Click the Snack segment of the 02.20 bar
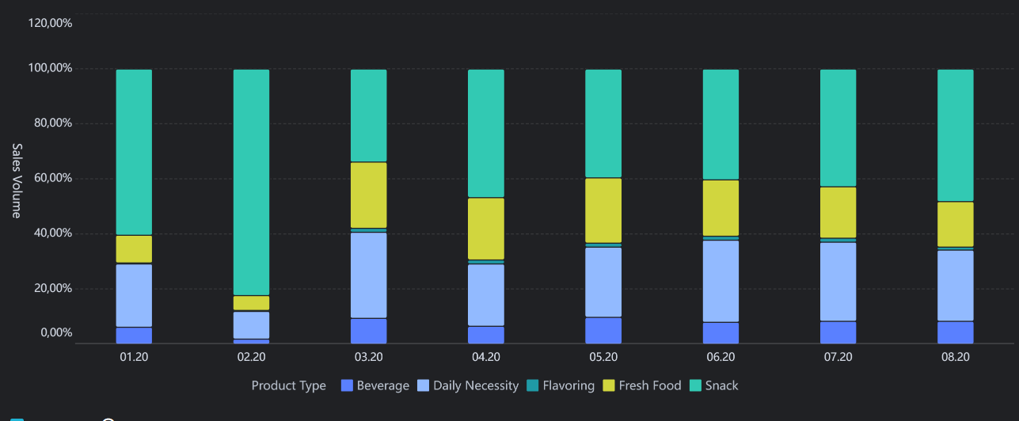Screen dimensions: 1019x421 [251, 182]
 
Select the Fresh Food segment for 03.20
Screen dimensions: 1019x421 [368, 195]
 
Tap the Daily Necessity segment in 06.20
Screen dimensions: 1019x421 [721, 281]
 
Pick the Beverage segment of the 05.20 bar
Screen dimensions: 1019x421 [603, 331]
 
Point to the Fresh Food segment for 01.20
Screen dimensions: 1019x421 [134, 248]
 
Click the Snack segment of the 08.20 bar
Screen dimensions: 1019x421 [956, 135]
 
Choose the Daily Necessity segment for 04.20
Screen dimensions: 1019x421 [486, 294]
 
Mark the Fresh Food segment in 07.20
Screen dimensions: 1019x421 [838, 212]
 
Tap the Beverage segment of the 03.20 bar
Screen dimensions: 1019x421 [368, 331]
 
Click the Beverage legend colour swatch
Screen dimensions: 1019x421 [347, 385]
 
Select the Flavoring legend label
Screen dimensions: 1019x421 [568, 385]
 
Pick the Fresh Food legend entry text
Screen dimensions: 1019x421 [650, 385]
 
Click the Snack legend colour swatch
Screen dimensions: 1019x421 [695, 385]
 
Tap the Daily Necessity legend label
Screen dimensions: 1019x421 [476, 386]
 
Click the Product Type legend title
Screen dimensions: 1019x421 [289, 386]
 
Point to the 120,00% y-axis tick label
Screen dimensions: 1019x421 [50, 23]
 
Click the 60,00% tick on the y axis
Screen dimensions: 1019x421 [53, 178]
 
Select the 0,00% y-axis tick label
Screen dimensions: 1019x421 [56, 332]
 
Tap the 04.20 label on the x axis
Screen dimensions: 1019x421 [486, 357]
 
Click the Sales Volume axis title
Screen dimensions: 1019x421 [17, 181]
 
